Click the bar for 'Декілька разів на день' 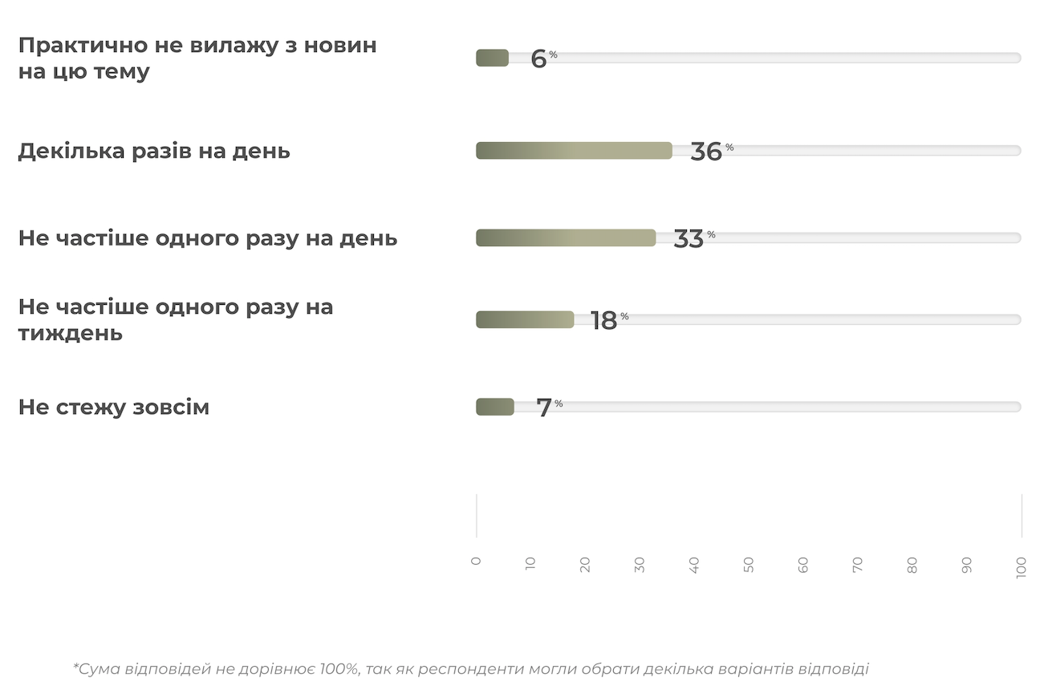[x=574, y=151]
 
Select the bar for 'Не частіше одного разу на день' [x=566, y=238]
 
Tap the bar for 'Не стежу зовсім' [x=495, y=407]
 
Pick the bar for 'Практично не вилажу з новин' [x=492, y=58]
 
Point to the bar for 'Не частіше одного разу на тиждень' [x=525, y=319]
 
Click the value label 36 [x=706, y=152]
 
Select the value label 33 [x=689, y=239]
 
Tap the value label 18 [x=603, y=321]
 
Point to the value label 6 [x=538, y=59]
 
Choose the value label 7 [x=544, y=408]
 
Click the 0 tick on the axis [x=476, y=562]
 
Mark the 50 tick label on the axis [x=749, y=565]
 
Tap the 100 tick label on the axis [x=1022, y=568]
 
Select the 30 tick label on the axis [x=640, y=565]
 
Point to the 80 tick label [x=912, y=565]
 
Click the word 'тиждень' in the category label [x=71, y=333]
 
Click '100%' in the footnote [x=340, y=669]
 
